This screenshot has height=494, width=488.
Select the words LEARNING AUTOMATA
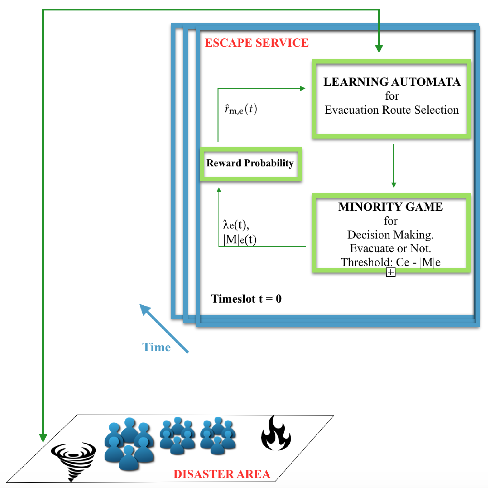(392, 82)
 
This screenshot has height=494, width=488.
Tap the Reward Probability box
(251, 164)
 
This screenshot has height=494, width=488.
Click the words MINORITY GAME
(390, 207)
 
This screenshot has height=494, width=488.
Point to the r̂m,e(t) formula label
(241, 109)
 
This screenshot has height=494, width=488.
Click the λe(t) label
(236, 225)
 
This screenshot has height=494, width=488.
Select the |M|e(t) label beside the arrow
(240, 240)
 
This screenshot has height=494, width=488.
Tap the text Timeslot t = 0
(246, 298)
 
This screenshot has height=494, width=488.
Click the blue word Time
(156, 347)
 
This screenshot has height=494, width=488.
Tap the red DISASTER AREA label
(222, 474)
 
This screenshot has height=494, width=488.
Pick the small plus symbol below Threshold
(390, 272)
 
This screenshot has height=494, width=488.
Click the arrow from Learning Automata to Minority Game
(394, 166)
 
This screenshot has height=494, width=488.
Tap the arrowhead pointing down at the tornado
(43, 438)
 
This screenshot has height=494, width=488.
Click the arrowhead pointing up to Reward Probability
(219, 190)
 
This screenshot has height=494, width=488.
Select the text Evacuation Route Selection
(392, 110)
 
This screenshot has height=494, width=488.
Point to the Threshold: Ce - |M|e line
(390, 262)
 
